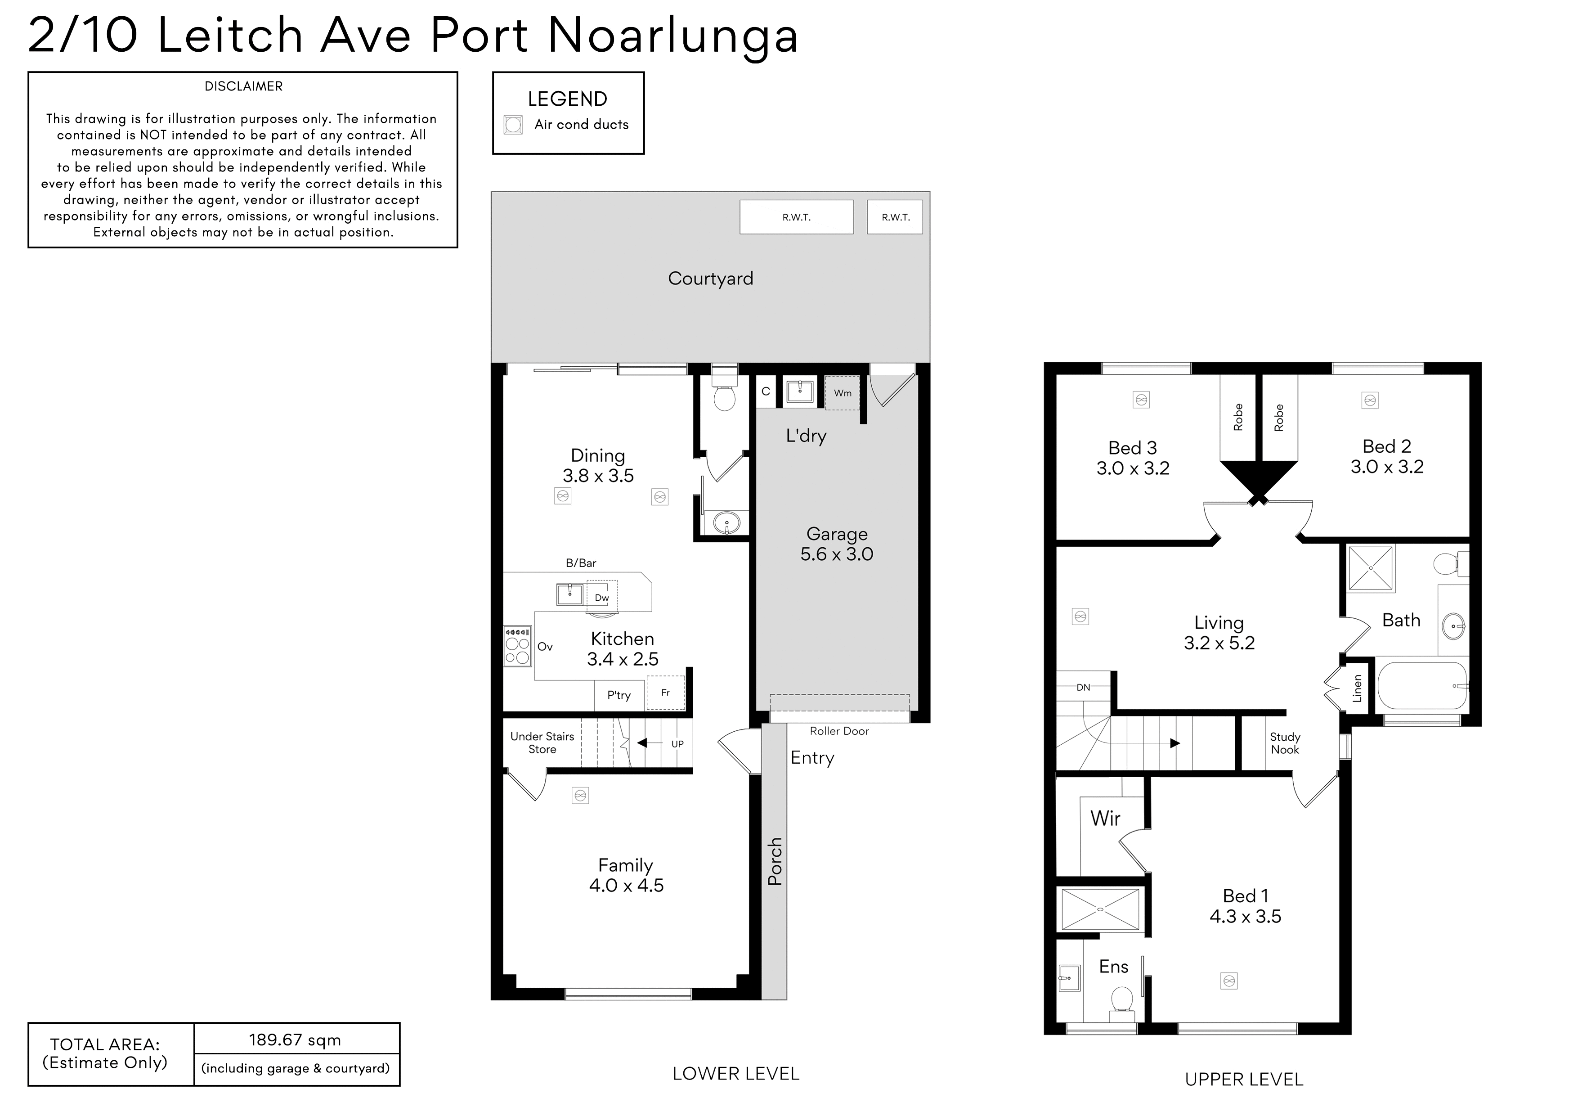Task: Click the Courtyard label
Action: [711, 279]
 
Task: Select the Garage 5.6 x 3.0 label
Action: [836, 544]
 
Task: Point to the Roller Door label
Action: [839, 731]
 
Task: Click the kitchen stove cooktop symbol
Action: [517, 646]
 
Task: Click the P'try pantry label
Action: [619, 695]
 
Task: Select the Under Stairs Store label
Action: [542, 742]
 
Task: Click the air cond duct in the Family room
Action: [581, 796]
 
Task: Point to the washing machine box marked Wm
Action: [843, 393]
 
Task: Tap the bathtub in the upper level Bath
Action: [1422, 685]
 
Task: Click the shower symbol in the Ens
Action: [1100, 909]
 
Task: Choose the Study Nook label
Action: [1285, 743]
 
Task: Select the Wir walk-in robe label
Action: [1105, 818]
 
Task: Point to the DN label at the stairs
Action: [1083, 688]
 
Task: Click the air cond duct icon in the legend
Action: [513, 125]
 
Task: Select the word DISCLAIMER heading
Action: [243, 86]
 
